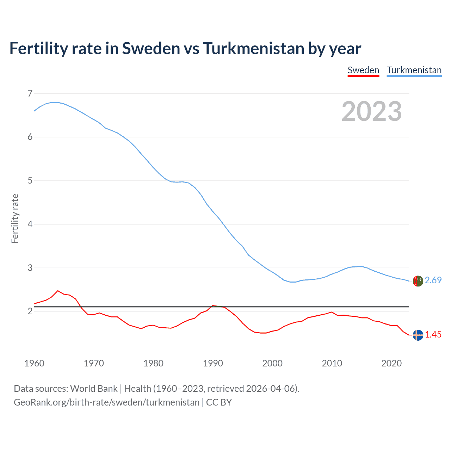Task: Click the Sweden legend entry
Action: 363,70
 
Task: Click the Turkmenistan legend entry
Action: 414,70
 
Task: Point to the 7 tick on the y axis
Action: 30,93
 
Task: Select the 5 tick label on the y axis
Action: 30,181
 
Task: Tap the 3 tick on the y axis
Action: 30,268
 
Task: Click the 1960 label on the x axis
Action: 34,363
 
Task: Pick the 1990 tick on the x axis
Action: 213,363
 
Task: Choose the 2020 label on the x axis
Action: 391,363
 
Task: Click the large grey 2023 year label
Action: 371,111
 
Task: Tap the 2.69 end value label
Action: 433,280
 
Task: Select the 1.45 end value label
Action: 433,335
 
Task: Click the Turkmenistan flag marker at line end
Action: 418,281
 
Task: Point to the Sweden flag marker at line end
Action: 418,335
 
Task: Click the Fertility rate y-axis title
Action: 15,218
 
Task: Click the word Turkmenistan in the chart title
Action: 253,48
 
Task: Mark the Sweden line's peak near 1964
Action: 58,291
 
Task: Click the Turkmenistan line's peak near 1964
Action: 55,102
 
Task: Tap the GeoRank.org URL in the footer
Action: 106,402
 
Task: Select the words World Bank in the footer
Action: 94,389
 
